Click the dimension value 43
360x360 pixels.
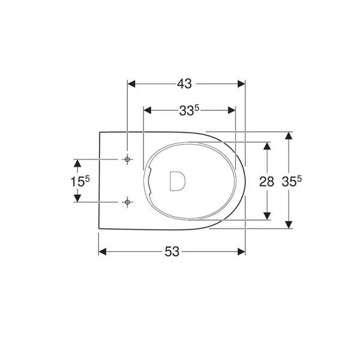tap(184, 84)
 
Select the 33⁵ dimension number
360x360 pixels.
tap(189, 110)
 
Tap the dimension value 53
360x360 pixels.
tap(172, 251)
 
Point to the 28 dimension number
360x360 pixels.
tap(266, 182)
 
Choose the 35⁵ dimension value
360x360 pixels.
tap(292, 181)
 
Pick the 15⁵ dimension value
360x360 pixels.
tap(80, 181)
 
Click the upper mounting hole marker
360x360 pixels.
tap(127, 160)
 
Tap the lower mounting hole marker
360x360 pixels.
tap(127, 202)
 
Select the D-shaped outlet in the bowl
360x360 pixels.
tap(178, 181)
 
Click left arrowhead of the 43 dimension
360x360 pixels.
tap(131, 84)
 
